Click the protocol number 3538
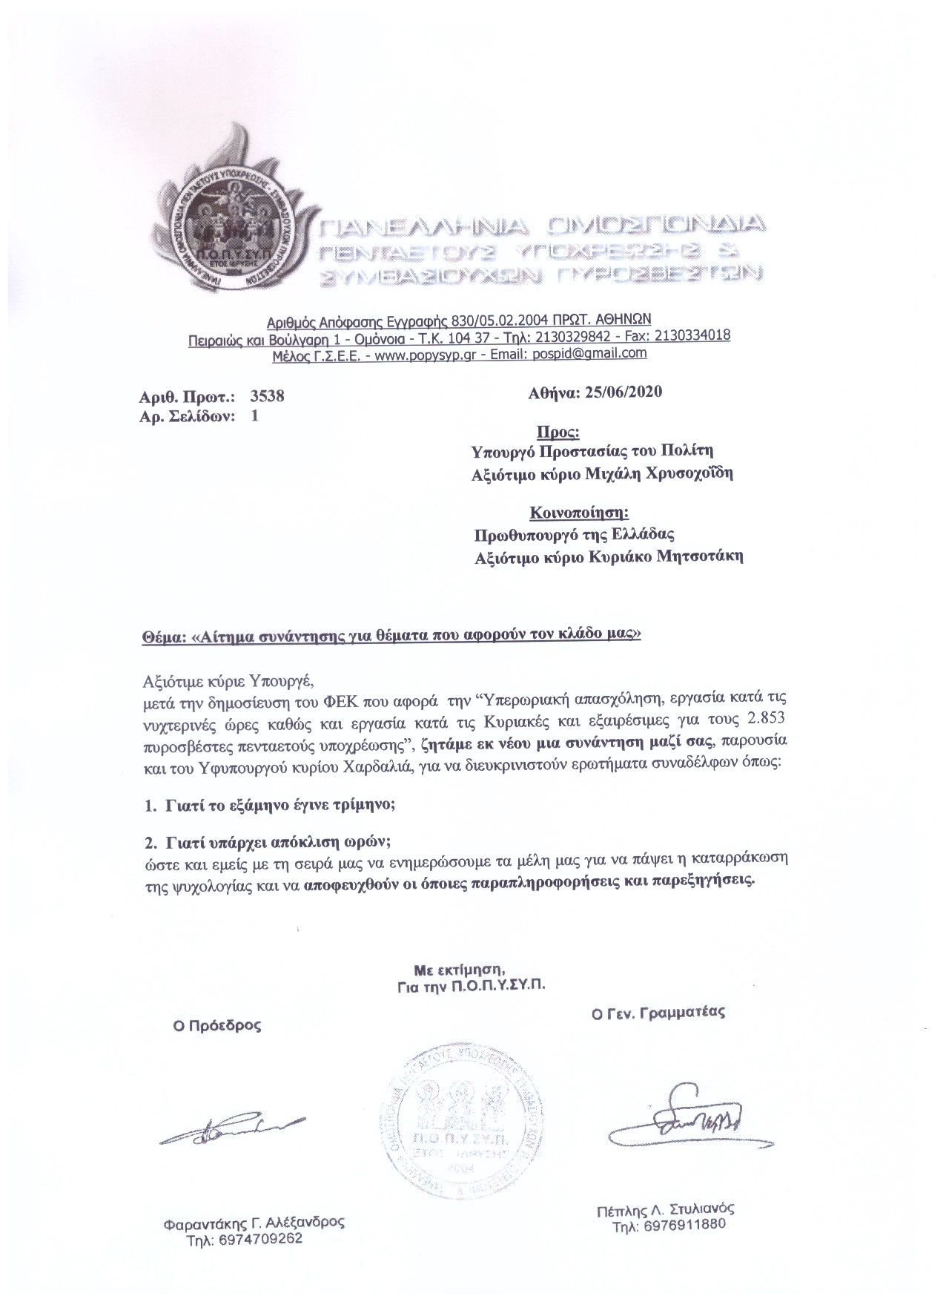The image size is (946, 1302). point(267,396)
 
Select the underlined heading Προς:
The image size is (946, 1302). point(558,432)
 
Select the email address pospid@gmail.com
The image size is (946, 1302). point(593,353)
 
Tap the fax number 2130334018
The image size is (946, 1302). point(689,335)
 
